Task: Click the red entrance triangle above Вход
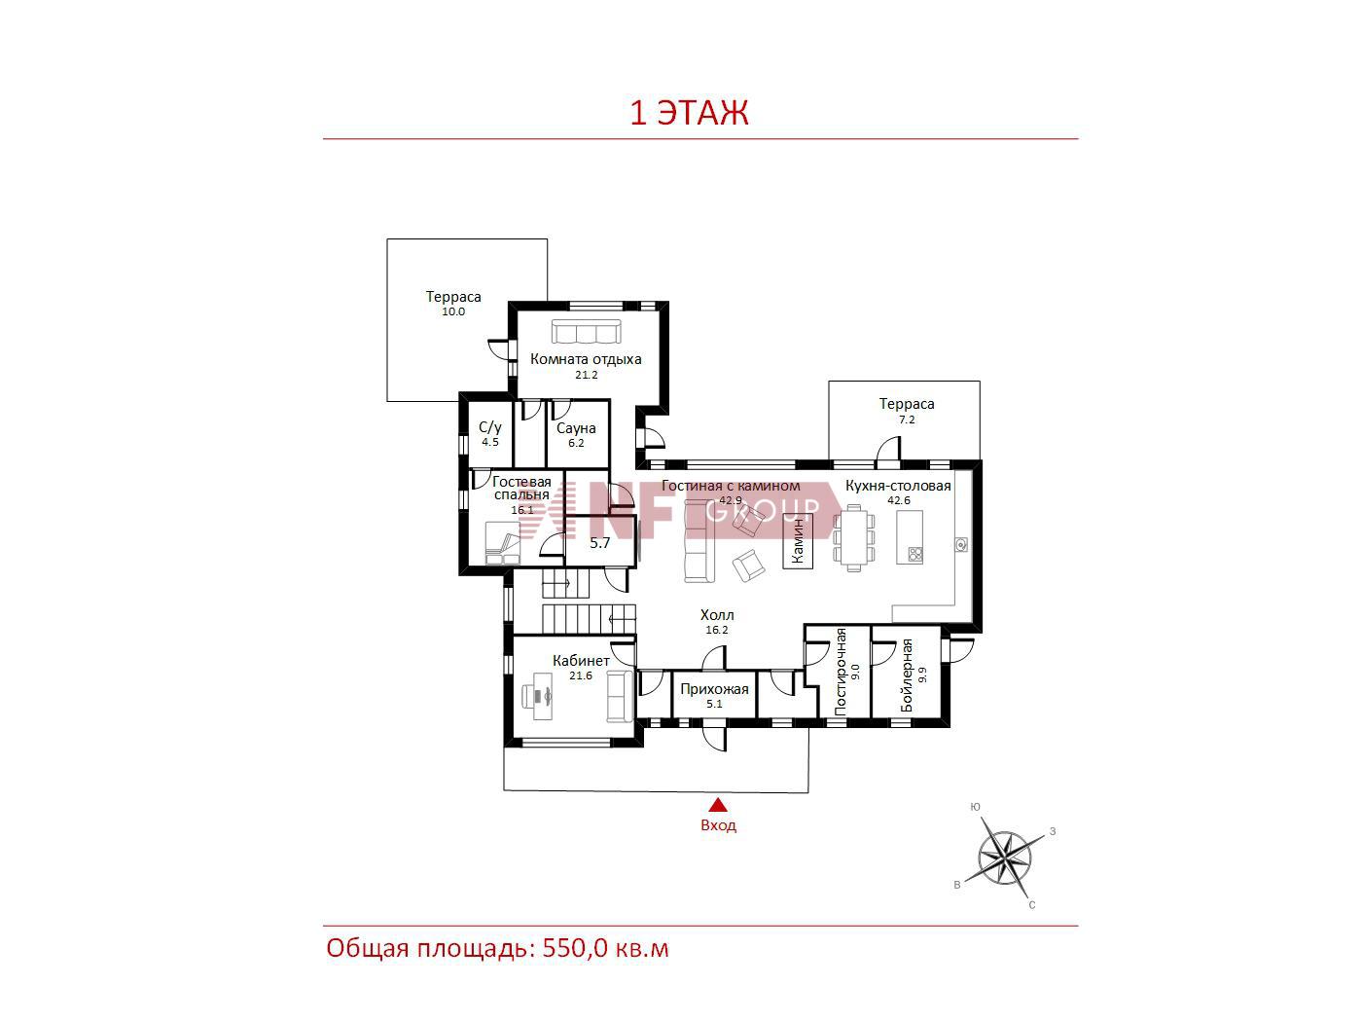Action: pyautogui.click(x=718, y=805)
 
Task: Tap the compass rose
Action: pyautogui.click(x=1005, y=858)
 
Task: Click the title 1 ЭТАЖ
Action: pyautogui.click(x=689, y=113)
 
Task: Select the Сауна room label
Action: pyautogui.click(x=576, y=428)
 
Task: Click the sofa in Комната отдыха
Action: pyautogui.click(x=586, y=331)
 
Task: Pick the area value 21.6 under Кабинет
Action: pyautogui.click(x=580, y=675)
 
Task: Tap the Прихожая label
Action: pyautogui.click(x=714, y=689)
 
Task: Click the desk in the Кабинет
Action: pyautogui.click(x=537, y=701)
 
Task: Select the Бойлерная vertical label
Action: pyautogui.click(x=907, y=675)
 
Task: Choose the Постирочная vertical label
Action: pyautogui.click(x=841, y=672)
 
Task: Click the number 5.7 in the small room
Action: pyautogui.click(x=599, y=543)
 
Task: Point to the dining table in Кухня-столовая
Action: pyautogui.click(x=854, y=537)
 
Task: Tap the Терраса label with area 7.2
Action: pyautogui.click(x=907, y=404)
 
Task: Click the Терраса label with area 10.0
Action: pyautogui.click(x=453, y=297)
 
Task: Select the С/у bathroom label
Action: pyautogui.click(x=490, y=427)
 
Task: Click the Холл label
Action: pyautogui.click(x=717, y=615)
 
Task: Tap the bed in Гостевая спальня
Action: pyautogui.click(x=503, y=543)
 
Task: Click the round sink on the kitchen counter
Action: pyautogui.click(x=961, y=544)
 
